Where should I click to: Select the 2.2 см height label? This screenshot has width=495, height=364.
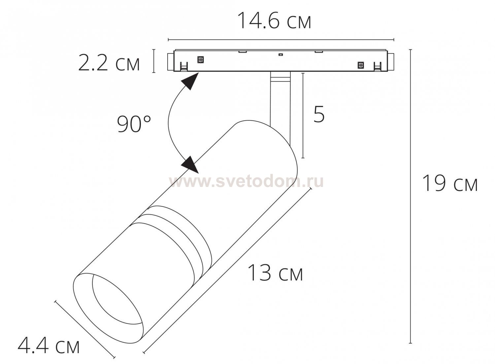pos(109,63)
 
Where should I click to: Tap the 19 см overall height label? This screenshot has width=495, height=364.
pos(450,183)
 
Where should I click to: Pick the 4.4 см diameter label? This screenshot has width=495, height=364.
pos(49,345)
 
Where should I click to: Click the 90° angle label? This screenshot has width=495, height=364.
pos(134,124)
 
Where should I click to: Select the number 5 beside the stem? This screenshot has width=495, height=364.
pos(319,114)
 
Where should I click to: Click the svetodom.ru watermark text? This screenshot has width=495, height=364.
pos(246,181)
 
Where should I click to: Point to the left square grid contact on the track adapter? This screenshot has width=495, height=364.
pos(200,59)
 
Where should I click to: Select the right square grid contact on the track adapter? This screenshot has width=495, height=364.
pos(361,65)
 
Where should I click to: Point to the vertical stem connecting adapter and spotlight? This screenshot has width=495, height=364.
pos(280,99)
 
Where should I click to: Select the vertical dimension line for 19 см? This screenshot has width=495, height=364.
pos(411,198)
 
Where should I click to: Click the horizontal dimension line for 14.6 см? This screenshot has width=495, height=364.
pos(280,40)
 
